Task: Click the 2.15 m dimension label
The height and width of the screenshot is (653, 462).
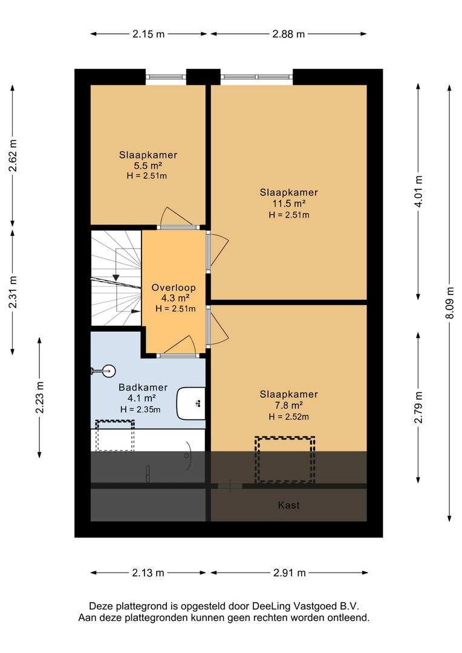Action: coord(149,34)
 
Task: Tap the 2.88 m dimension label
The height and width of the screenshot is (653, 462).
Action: coord(288,34)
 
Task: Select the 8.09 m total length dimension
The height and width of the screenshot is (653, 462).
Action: coord(449,303)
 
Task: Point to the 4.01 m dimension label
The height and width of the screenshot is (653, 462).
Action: coord(418,191)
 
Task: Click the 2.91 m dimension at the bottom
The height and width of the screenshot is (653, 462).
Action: coord(290,573)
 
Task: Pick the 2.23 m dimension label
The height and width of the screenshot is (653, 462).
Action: coord(39,397)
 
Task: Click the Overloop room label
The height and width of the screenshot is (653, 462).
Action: coord(174,287)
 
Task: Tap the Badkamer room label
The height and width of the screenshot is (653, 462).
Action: coord(143,388)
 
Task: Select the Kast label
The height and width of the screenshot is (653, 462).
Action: coord(288,505)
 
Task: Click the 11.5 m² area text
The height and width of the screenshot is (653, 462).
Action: coord(288,204)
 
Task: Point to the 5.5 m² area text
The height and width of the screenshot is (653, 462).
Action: coord(148,165)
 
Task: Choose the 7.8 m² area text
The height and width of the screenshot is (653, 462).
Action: coord(288,405)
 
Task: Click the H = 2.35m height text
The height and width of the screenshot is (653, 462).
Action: coord(140,409)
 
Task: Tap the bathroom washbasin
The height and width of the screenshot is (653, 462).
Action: coord(191,403)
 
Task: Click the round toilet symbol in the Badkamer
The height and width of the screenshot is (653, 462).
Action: coord(104,371)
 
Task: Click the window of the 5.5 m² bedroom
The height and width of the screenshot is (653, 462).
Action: coord(166,77)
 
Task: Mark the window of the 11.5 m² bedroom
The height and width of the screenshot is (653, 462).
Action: coord(256,77)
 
